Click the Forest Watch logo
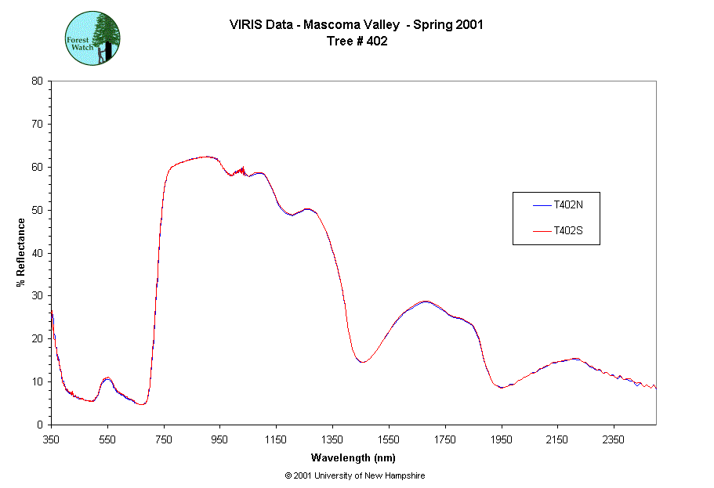92,38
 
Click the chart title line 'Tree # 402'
357,42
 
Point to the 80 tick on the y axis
37,81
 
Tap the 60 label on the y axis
37,167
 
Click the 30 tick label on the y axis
37,296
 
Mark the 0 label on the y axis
40,425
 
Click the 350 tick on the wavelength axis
51,439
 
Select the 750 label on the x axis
164,439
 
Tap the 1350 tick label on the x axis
332,439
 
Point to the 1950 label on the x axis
501,439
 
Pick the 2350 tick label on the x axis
613,439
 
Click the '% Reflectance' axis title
21,252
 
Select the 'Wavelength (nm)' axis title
353,457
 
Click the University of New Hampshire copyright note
355,475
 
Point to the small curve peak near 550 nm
107,378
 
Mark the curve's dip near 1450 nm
361,362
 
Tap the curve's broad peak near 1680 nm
426,301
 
